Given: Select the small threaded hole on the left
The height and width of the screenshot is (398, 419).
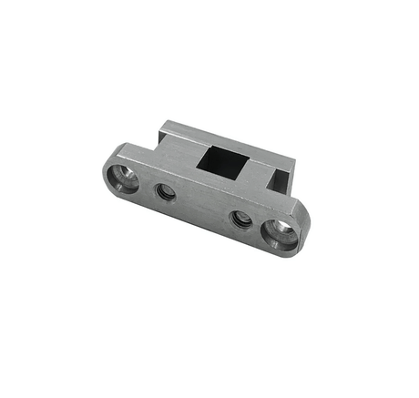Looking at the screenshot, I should click(165, 192).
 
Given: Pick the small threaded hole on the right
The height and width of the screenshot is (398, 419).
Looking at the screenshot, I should click(240, 219).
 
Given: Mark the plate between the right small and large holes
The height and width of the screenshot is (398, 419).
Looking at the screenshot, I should click(258, 225).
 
